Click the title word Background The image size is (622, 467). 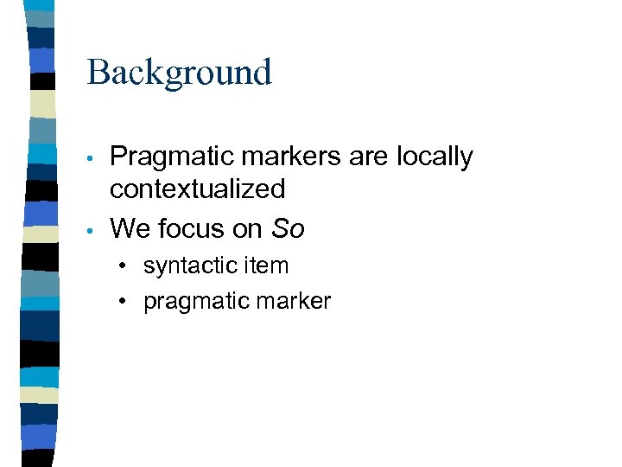(x=179, y=73)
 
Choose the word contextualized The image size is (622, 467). (x=197, y=189)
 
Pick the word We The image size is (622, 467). (x=129, y=228)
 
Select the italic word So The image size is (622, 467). (x=288, y=228)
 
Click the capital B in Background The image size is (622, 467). (x=97, y=73)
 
